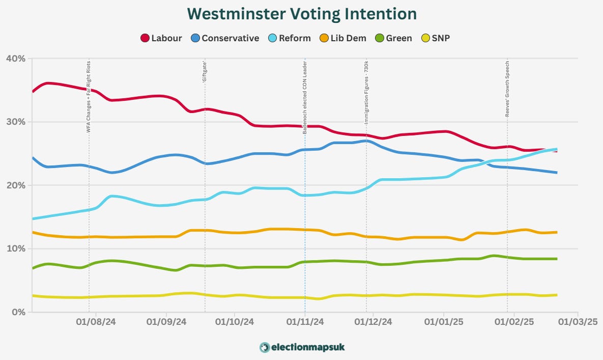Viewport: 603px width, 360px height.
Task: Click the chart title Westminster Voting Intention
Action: coord(301,13)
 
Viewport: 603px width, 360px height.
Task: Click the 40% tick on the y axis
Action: coord(15,59)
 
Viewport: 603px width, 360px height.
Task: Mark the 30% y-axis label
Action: coord(15,122)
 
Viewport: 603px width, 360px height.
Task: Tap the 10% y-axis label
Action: coord(15,248)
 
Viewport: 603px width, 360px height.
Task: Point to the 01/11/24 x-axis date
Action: coord(305,322)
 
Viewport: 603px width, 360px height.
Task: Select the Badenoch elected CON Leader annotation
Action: coord(305,97)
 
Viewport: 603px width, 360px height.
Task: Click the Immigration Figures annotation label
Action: coord(366,93)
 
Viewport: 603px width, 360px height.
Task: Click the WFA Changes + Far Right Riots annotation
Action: coord(89,97)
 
